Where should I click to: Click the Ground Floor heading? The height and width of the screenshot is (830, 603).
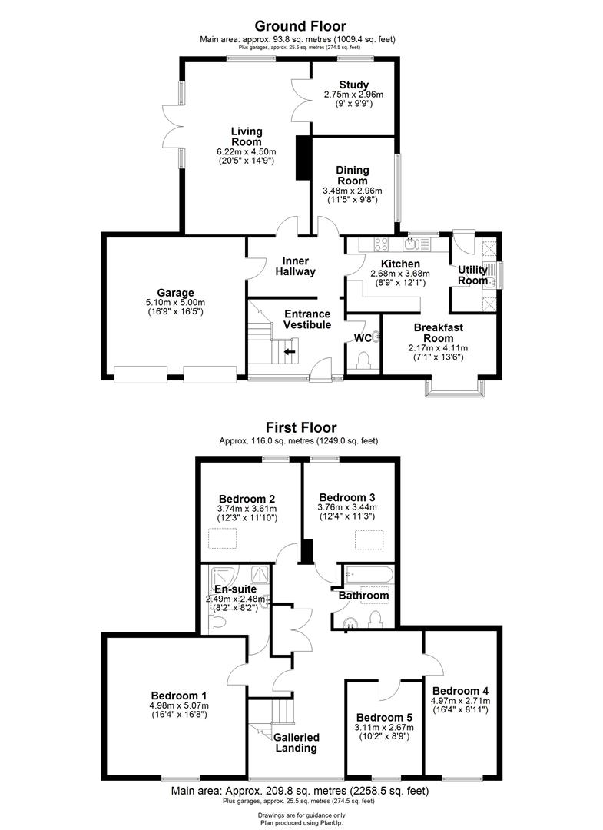pos(300,27)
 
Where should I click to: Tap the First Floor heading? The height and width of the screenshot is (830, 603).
pos(300,427)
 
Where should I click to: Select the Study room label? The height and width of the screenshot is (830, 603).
pos(353,85)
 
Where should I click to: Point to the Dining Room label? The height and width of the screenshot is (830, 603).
pos(353,175)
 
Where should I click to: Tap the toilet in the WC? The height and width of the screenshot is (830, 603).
pos(365,360)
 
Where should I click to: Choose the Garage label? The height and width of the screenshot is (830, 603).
pos(176,292)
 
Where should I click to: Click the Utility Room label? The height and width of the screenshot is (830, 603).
pos(472,275)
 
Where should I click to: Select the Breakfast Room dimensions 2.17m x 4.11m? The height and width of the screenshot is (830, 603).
pos(438,348)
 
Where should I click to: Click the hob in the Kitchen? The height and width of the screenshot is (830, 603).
pos(382,245)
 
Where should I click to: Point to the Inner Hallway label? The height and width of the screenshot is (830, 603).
pos(296,266)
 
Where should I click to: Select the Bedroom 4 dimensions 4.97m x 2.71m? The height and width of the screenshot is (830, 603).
pos(461,701)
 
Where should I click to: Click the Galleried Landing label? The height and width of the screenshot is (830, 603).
pos(296,742)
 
